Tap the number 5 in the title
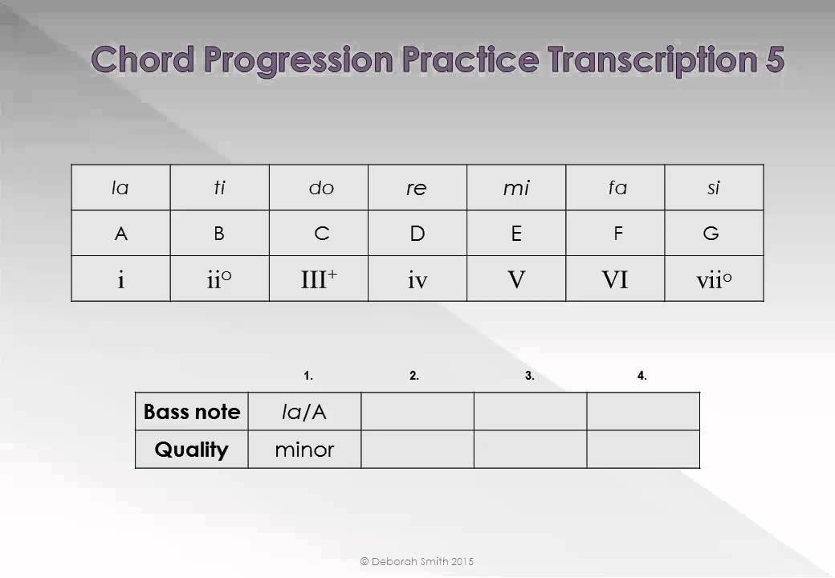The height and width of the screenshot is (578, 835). (x=772, y=61)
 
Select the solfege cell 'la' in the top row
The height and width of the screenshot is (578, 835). (x=120, y=188)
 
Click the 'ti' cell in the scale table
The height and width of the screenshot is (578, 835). (x=219, y=188)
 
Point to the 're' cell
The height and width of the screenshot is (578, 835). (x=417, y=188)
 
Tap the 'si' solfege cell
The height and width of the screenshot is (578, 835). (x=713, y=188)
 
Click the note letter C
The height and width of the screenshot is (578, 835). (x=321, y=234)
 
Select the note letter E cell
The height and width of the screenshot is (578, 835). (x=516, y=234)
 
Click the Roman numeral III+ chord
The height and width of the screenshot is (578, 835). (x=319, y=279)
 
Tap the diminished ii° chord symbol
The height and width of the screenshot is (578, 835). (x=219, y=279)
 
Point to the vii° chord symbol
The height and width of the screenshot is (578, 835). (x=714, y=279)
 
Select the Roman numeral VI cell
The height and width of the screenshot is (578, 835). (x=614, y=279)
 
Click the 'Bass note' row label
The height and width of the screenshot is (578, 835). (x=192, y=412)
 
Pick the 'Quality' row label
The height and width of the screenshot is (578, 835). (x=192, y=450)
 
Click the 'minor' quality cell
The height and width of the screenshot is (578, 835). (x=304, y=450)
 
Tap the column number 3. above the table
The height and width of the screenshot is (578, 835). (x=530, y=375)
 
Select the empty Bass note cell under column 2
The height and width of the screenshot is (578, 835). (x=417, y=412)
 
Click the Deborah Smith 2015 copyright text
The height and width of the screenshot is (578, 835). (x=417, y=561)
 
